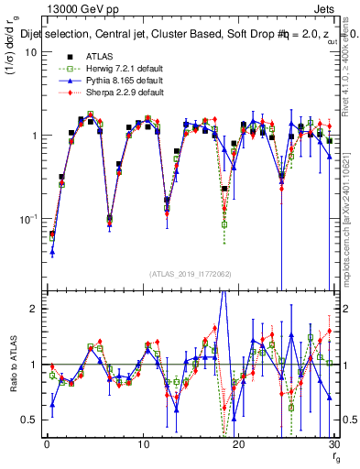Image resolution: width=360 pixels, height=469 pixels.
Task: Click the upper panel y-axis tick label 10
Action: [30, 51]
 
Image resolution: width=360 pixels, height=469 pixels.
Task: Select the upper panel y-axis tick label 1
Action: [33, 136]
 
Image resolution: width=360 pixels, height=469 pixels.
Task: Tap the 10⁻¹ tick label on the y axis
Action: [27, 219]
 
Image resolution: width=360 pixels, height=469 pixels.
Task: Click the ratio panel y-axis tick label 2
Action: [33, 309]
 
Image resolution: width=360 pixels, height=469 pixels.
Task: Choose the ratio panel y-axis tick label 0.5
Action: [29, 420]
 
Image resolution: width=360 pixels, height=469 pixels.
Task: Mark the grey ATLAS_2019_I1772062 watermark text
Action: [190, 274]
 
